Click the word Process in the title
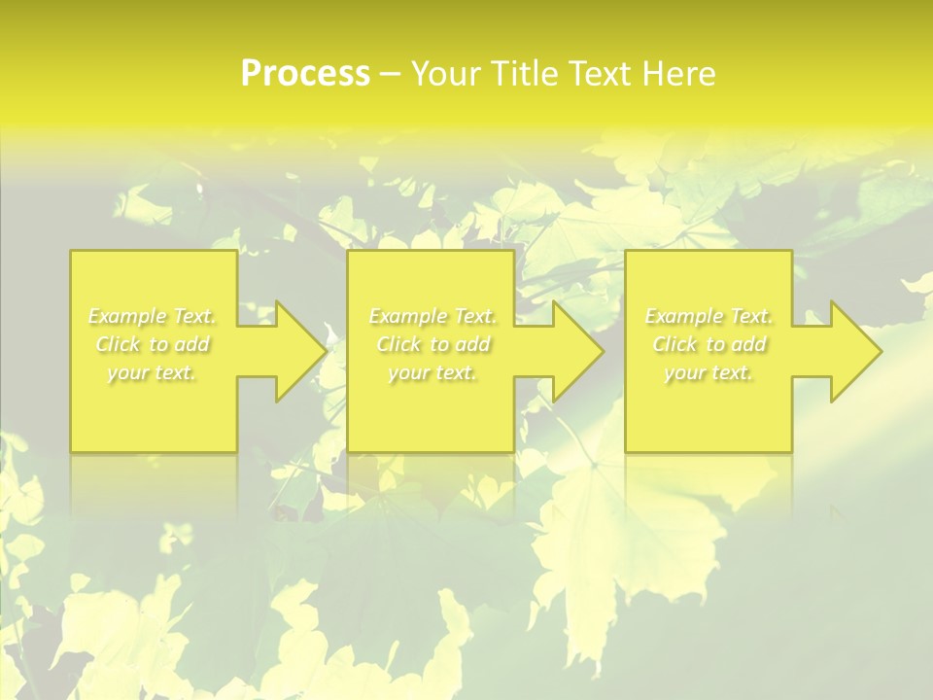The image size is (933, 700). pyautogui.click(x=305, y=73)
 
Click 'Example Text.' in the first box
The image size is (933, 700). pyautogui.click(x=152, y=316)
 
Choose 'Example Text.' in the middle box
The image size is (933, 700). pyautogui.click(x=432, y=316)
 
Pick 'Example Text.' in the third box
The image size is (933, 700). pyautogui.click(x=708, y=316)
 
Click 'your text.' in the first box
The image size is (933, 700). pyautogui.click(x=152, y=372)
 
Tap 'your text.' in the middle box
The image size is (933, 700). pyautogui.click(x=432, y=372)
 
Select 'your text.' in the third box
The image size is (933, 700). pyautogui.click(x=708, y=372)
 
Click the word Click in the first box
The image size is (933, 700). pyautogui.click(x=118, y=344)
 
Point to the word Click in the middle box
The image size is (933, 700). pyautogui.click(x=398, y=344)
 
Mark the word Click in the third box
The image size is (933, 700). pyautogui.click(x=674, y=344)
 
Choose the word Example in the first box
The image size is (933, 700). pyautogui.click(x=127, y=316)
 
